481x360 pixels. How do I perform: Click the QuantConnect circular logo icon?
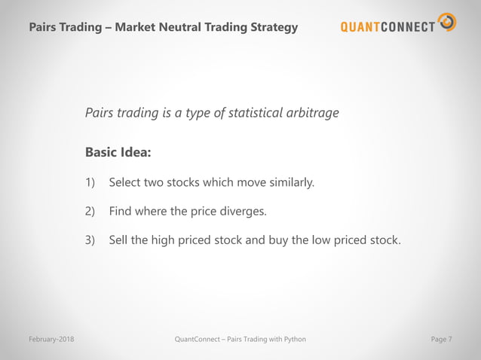pos(447,23)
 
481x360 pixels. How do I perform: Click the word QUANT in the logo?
pos(365,28)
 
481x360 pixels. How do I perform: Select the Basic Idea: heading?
pos(118,153)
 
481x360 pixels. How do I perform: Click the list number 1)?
pos(90,183)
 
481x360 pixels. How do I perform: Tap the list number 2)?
pos(90,212)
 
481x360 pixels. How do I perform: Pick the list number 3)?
pos(90,240)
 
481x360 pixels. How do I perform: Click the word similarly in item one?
pos(290,183)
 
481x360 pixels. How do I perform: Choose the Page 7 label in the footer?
pos(441,340)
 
